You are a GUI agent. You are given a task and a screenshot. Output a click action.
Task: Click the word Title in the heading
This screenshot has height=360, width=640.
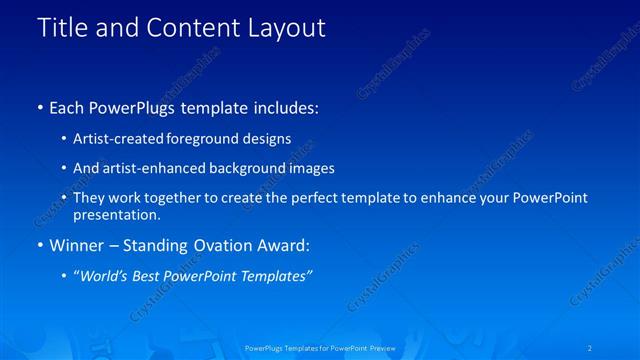point(62,27)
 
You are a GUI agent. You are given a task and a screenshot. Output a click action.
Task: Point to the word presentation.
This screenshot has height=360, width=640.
point(116,215)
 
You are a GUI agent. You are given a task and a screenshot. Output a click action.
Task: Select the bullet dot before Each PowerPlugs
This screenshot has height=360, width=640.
point(40,107)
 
